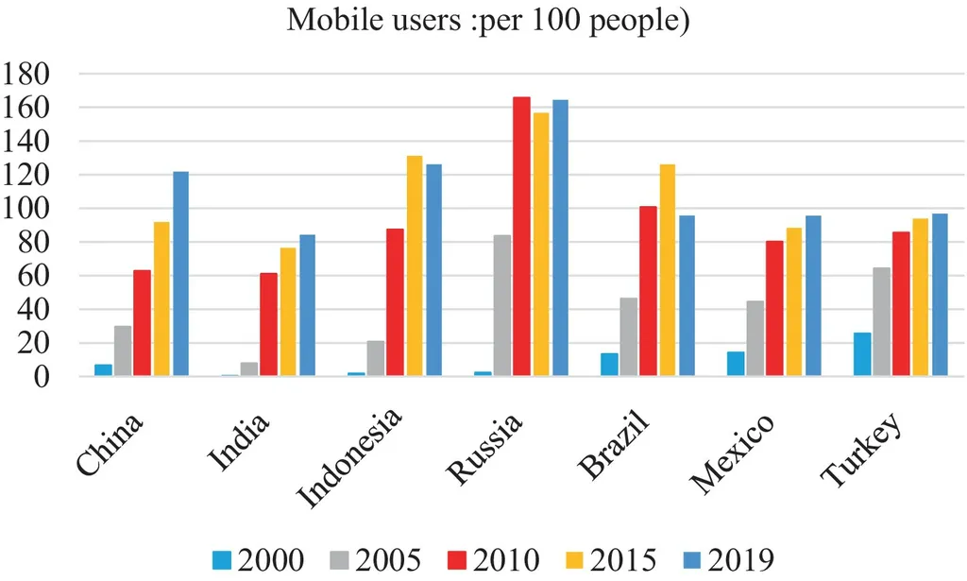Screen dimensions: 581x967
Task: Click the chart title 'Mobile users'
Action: pos(489,20)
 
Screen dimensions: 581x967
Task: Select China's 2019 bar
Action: pos(180,274)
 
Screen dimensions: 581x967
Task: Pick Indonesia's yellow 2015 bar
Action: pos(415,265)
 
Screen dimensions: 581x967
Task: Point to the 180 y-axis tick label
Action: pos(34,75)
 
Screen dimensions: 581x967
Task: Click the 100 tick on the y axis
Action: pos(34,209)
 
